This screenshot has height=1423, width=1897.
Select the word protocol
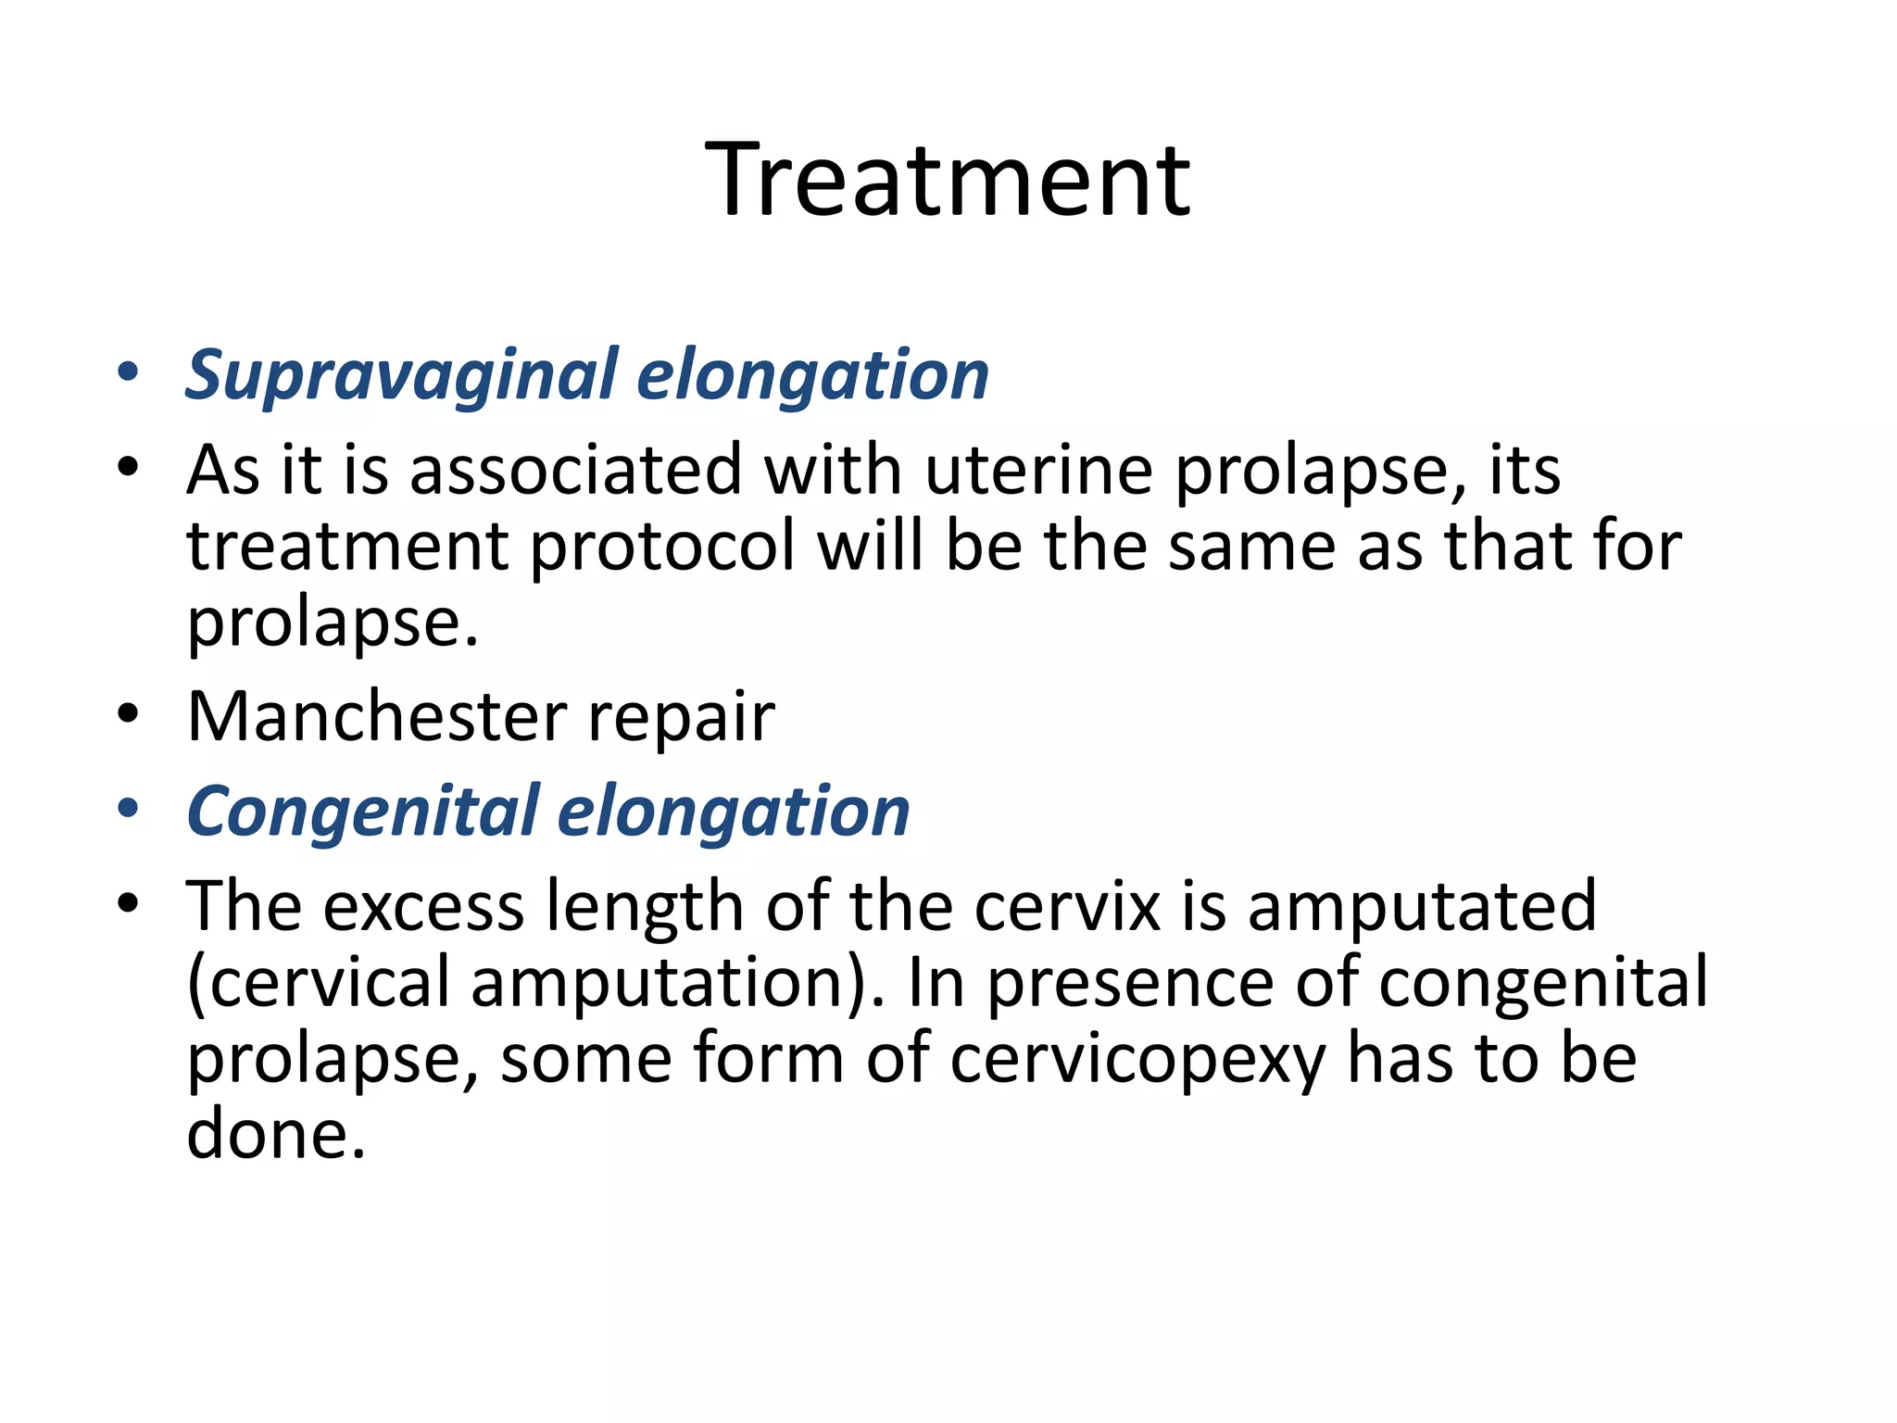pos(662,547)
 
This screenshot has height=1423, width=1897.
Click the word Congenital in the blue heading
pos(363,812)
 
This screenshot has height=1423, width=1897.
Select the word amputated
pos(1422,905)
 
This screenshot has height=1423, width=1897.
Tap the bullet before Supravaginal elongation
pos(128,372)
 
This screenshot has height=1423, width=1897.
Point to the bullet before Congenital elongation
pos(128,809)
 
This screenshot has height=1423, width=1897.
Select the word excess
pos(424,906)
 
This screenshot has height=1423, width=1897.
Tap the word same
pos(1251,547)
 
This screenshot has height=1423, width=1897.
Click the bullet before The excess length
pos(128,903)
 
